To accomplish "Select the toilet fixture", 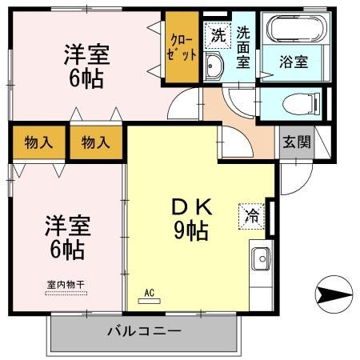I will [293, 102].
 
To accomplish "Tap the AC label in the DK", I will [150, 293].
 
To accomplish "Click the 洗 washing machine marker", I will [217, 35].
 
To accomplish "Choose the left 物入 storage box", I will [38, 143].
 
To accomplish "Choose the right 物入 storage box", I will [96, 143].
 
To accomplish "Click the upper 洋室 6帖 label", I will [86, 66].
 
